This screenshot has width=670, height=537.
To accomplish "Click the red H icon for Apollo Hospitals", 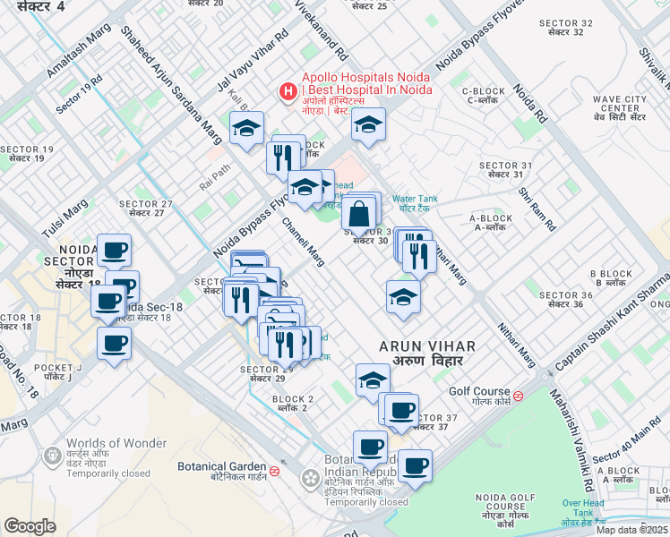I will (x=288, y=90).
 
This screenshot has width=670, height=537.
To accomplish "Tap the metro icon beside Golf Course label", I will (x=519, y=392).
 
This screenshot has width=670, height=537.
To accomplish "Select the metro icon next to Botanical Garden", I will (x=275, y=467).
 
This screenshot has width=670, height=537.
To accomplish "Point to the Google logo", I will (x=30, y=526).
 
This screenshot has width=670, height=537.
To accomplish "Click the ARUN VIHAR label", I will (x=426, y=345).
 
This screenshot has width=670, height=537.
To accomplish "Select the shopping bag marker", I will (x=358, y=216).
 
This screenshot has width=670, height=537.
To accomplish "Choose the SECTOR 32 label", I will (x=573, y=23).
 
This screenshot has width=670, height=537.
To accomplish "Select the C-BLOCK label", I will (x=485, y=91).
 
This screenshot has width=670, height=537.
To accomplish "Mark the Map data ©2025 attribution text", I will (x=632, y=530).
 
